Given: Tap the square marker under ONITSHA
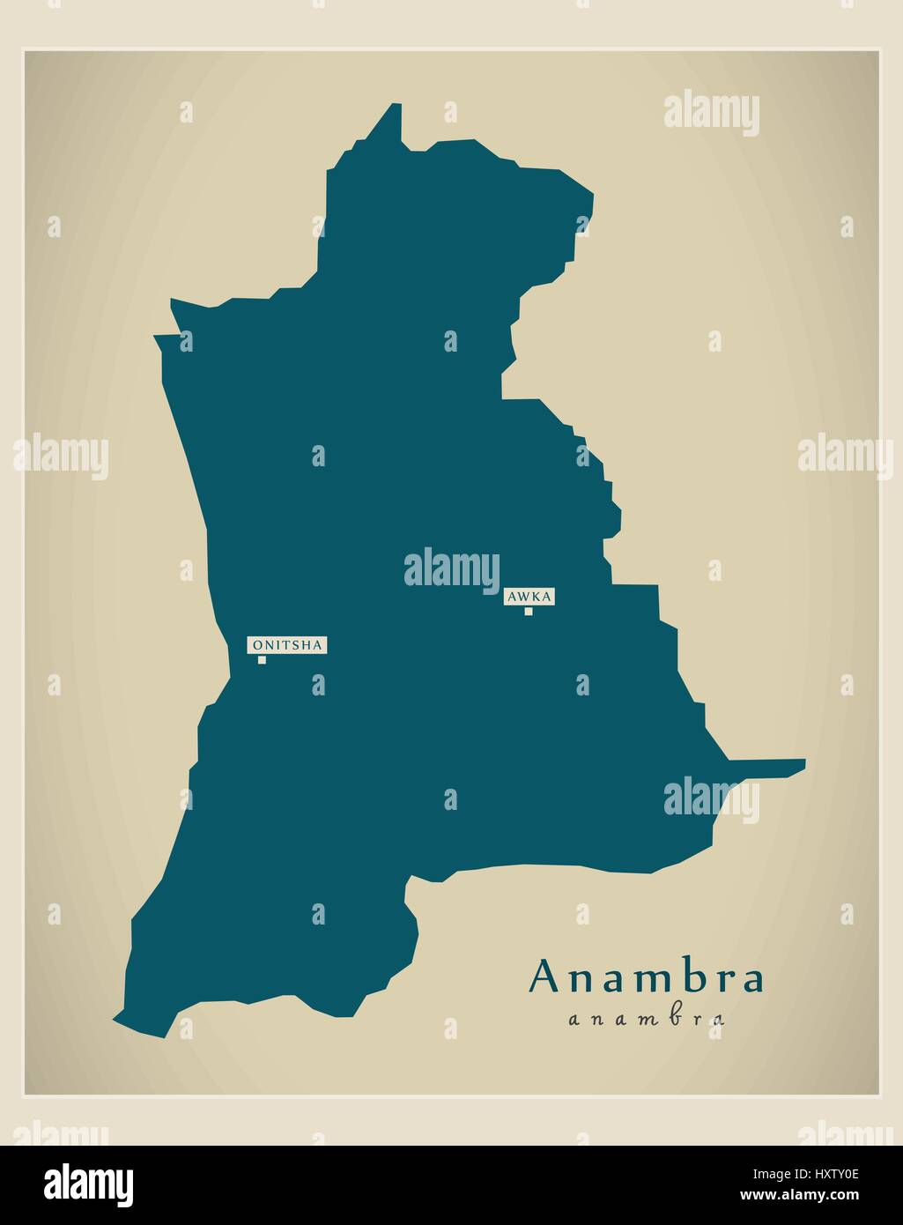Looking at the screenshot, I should (x=262, y=659).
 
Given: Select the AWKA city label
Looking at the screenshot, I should (x=529, y=597).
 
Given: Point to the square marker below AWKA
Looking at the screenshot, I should (x=529, y=611).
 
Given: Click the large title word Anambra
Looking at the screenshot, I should (x=647, y=977).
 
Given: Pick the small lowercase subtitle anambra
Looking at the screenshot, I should (x=647, y=1020).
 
